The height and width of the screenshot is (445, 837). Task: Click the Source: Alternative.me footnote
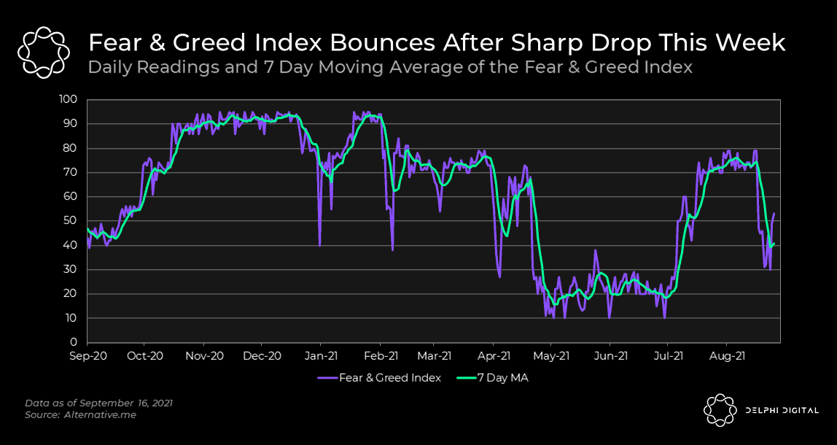81,414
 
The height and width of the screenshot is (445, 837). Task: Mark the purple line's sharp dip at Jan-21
319,244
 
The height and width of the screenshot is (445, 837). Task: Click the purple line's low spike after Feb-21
392,249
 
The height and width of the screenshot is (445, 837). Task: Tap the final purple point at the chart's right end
774,213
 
